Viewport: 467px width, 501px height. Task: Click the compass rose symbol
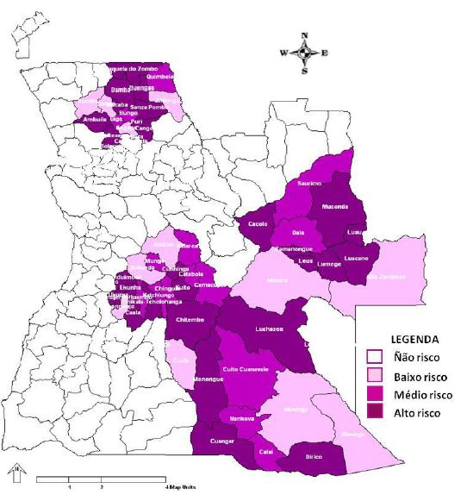(x=304, y=53)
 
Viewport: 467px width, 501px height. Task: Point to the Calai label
(x=267, y=451)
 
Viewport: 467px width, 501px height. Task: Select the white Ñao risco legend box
(x=375, y=356)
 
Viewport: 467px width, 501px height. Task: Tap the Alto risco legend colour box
(x=375, y=413)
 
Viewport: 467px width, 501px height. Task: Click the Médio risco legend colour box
(x=375, y=394)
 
